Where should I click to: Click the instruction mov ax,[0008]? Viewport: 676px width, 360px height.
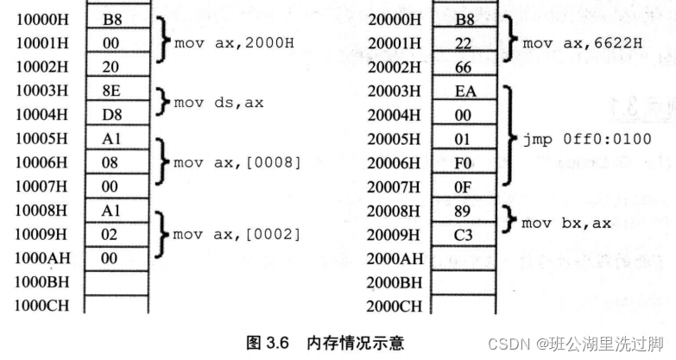tap(236, 161)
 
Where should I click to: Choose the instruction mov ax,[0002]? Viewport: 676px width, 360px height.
tap(236, 234)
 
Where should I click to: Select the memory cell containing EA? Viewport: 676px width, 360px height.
tap(464, 90)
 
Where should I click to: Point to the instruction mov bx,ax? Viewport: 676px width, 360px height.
tap(567, 223)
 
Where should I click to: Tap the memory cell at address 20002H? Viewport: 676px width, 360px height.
tap(464, 66)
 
